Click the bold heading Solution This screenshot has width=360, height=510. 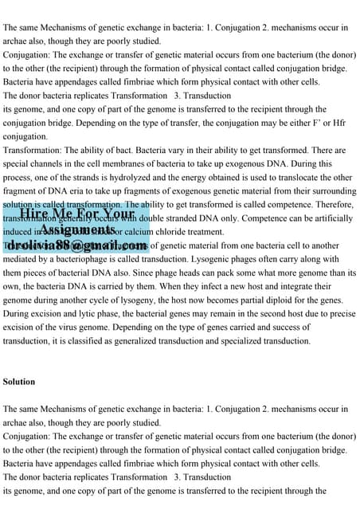(x=19, y=382)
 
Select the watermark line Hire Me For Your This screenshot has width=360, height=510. (x=76, y=215)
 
